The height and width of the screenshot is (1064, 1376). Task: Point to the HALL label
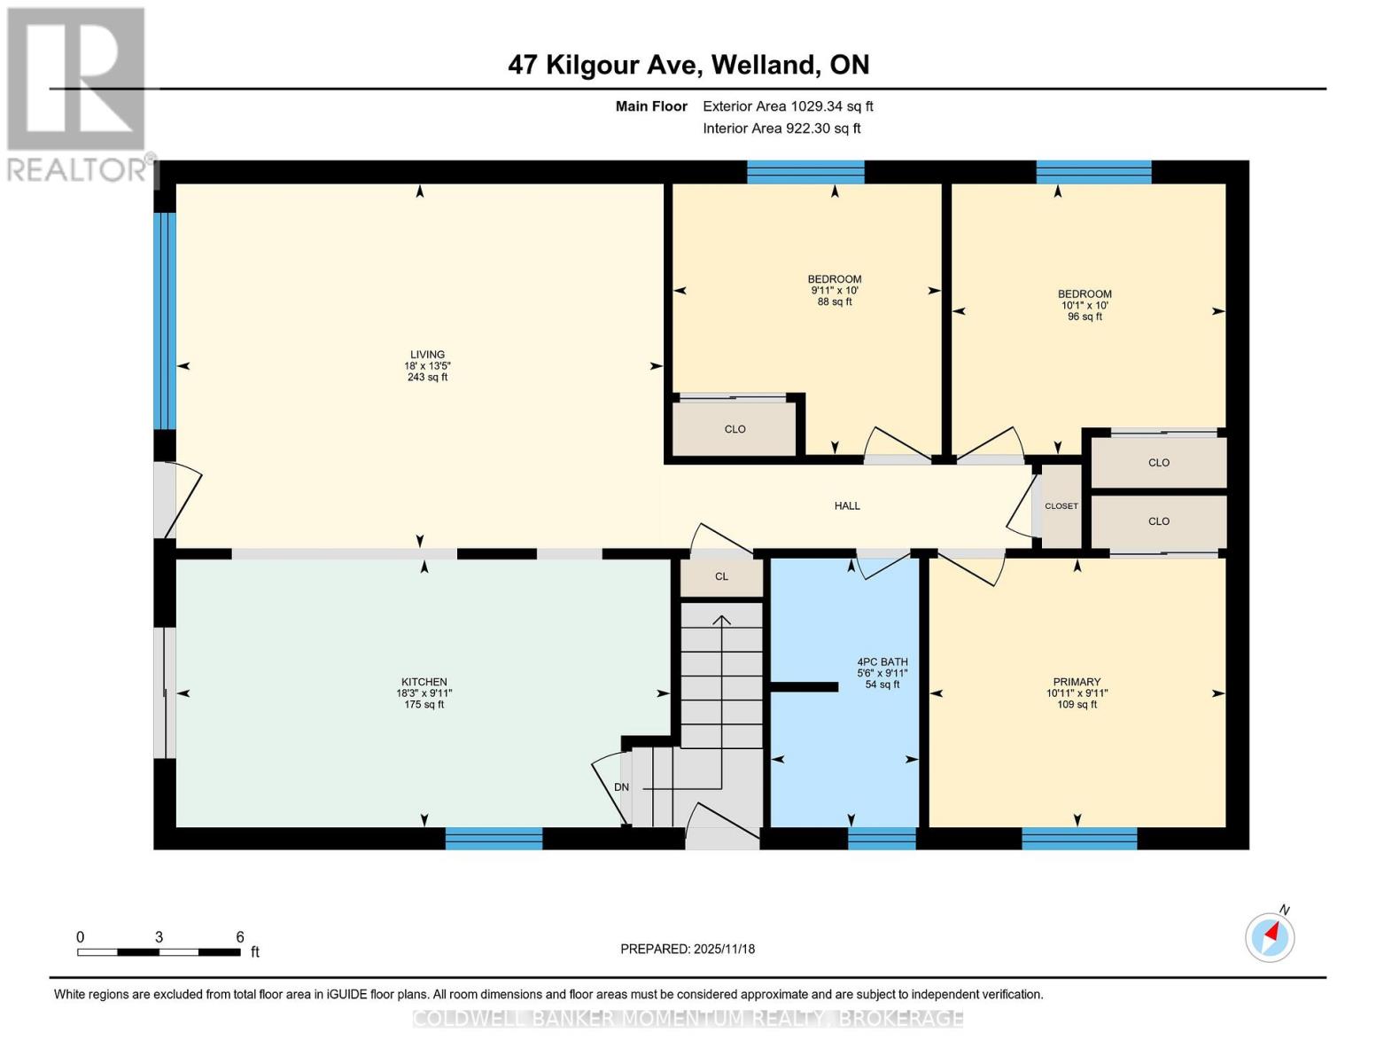[x=847, y=505]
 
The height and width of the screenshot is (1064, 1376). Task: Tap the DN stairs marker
[x=621, y=787]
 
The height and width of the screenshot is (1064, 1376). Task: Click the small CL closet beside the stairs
[x=721, y=576]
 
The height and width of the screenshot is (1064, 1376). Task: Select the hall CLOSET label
[x=1061, y=506]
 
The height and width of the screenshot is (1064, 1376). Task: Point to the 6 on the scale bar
[x=240, y=937]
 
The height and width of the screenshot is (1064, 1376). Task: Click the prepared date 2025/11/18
[x=687, y=949]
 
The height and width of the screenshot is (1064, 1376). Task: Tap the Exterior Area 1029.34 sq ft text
[x=788, y=106]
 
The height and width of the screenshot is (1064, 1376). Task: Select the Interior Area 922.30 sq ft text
[x=781, y=129]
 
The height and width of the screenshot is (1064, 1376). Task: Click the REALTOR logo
[x=78, y=93]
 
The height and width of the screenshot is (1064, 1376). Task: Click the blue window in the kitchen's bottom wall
[x=494, y=839]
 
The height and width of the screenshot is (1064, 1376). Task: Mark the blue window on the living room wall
[x=165, y=321]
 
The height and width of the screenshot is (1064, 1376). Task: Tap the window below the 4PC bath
[x=882, y=839]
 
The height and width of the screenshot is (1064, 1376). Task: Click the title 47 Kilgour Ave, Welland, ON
[x=688, y=65]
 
